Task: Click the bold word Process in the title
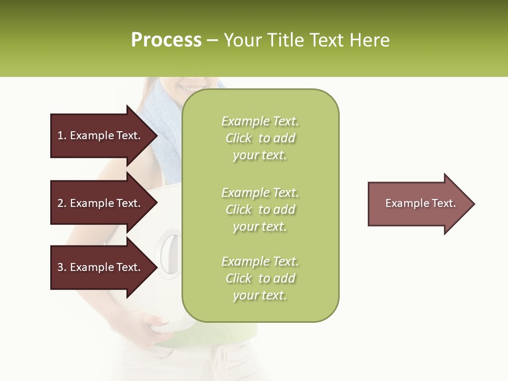[166, 40]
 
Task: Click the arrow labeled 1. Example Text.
[101, 135]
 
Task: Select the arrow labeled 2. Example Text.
[101, 203]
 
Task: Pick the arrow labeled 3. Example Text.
[101, 267]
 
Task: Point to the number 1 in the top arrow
[60, 135]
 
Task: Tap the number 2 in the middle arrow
[60, 203]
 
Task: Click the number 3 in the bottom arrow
[60, 267]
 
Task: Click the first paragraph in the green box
[260, 138]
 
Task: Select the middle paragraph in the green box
[260, 210]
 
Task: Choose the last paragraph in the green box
[260, 278]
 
